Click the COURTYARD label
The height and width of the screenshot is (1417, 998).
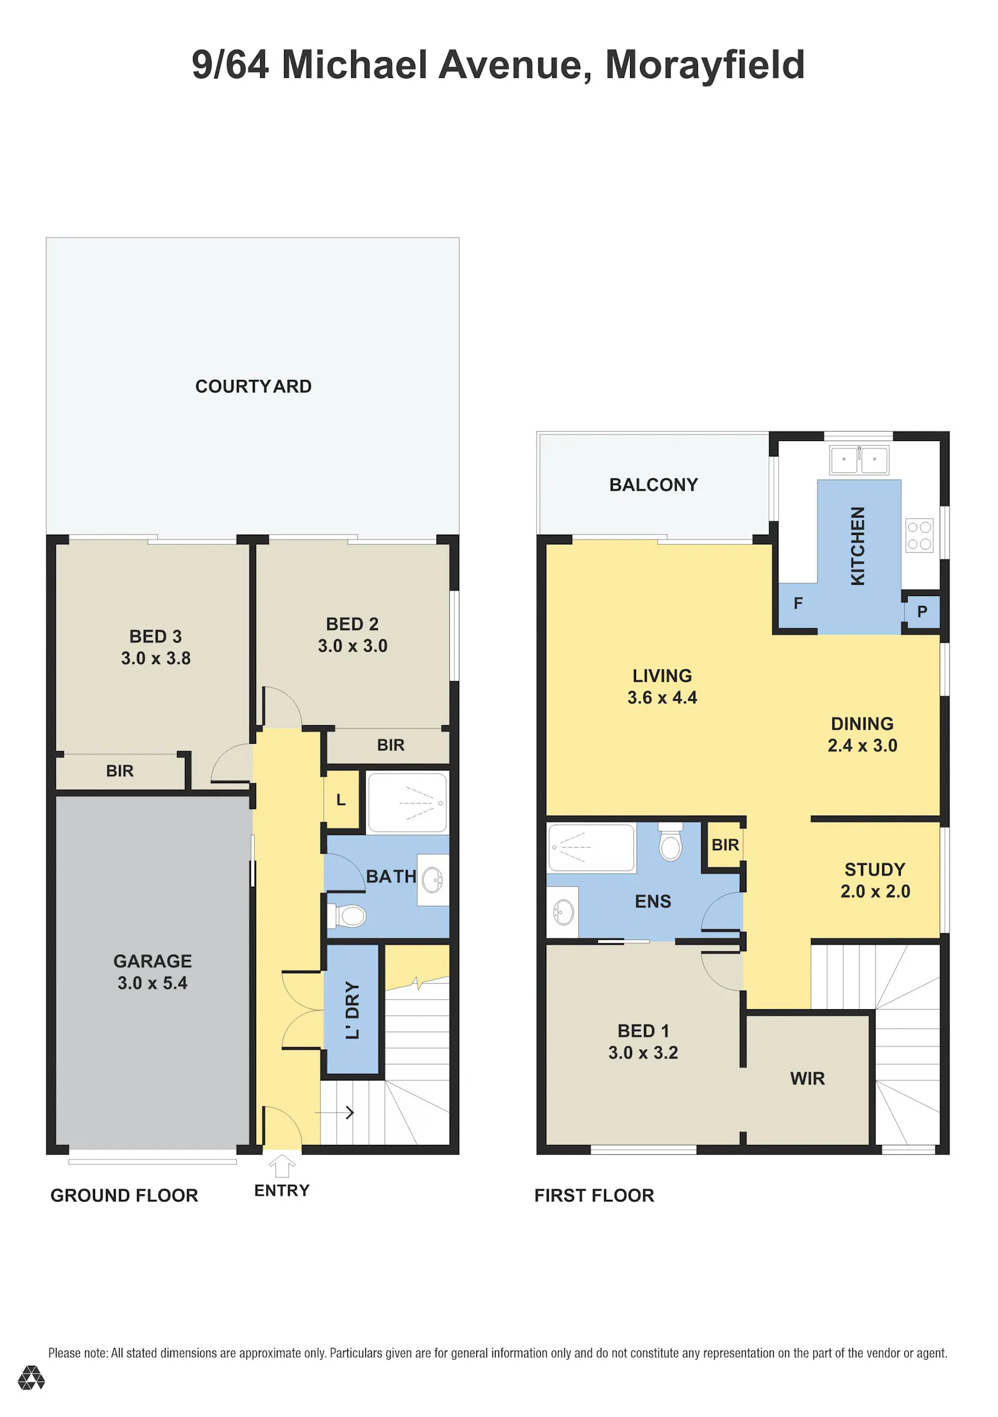253,386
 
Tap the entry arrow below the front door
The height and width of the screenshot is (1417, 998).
282,1166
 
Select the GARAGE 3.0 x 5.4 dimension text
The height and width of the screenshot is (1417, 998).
152,983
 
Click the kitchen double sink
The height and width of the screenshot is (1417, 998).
859,459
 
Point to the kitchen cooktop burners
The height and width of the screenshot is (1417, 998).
919,536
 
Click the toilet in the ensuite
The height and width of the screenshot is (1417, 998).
671,842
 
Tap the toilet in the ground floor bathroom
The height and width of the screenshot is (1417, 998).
347,916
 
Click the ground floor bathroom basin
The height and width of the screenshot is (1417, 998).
432,879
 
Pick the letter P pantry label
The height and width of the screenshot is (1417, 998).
922,611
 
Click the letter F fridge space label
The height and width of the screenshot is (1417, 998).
798,603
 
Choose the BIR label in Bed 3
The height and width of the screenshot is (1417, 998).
120,770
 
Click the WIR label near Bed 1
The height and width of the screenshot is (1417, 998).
808,1078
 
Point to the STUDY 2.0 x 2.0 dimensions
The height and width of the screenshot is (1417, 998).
876,891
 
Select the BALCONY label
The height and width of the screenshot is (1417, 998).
654,484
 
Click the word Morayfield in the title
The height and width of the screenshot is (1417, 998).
705,65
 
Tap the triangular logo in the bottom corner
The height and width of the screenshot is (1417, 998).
31,1377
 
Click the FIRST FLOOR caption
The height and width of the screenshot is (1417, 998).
594,1195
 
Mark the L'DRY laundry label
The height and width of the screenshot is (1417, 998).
353,1010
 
